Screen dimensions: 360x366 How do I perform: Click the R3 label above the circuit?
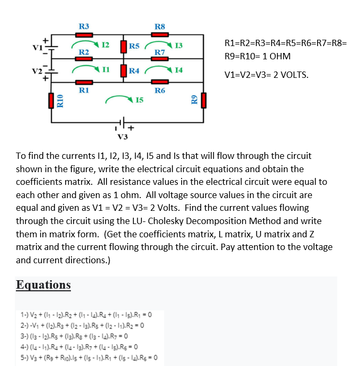pos(84,26)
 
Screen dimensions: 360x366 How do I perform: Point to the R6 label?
pos(160,91)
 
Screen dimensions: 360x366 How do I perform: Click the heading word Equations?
pos(43,284)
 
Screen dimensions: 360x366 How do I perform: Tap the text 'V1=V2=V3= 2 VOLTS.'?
pos(266,75)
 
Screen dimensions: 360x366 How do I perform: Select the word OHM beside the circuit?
pos(278,56)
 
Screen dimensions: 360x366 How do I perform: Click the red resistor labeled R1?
pos(84,83)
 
